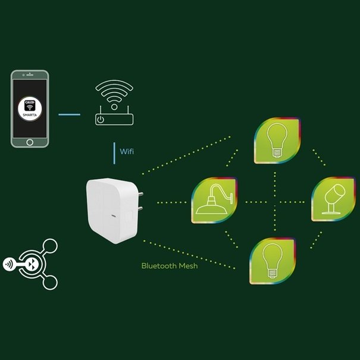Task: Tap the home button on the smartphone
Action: [x=30, y=142]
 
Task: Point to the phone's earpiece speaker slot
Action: [x=30, y=76]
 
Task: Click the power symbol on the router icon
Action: [x=102, y=120]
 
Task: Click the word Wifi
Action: [x=127, y=152]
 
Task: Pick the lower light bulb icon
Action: [x=273, y=260]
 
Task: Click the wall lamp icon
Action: [x=214, y=201]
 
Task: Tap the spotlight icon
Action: [x=332, y=199]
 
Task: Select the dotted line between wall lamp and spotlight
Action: [x=274, y=201]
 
